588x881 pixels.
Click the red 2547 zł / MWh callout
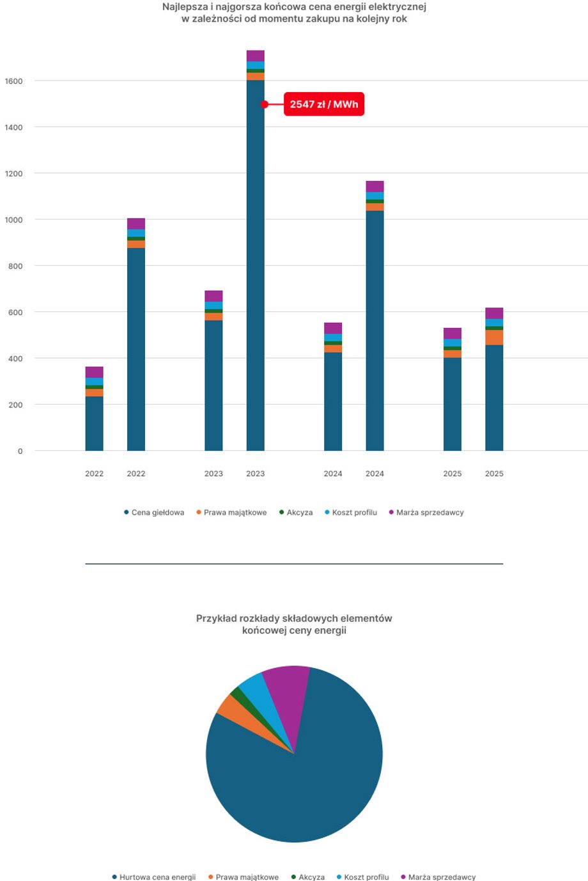pos(324,104)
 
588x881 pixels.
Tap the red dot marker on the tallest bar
pos(264,104)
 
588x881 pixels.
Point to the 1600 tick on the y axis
pos(13,81)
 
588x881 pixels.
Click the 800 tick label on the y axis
pos(15,266)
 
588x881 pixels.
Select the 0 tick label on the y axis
pos(20,451)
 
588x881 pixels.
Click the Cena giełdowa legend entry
pos(154,513)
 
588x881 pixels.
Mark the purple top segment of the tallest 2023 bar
pos(255,56)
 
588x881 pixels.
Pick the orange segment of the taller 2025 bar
pos(494,338)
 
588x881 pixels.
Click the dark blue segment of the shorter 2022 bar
pos(94,423)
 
